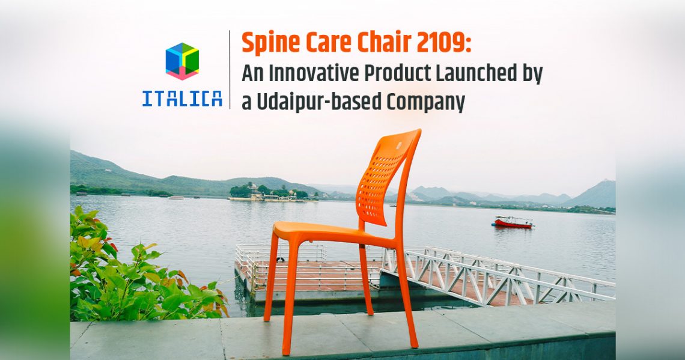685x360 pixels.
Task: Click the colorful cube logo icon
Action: pyautogui.click(x=182, y=61)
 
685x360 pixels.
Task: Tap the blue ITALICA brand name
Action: pyautogui.click(x=182, y=99)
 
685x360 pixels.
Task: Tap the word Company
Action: pyautogui.click(x=425, y=103)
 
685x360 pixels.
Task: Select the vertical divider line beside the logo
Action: pyautogui.click(x=230, y=70)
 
